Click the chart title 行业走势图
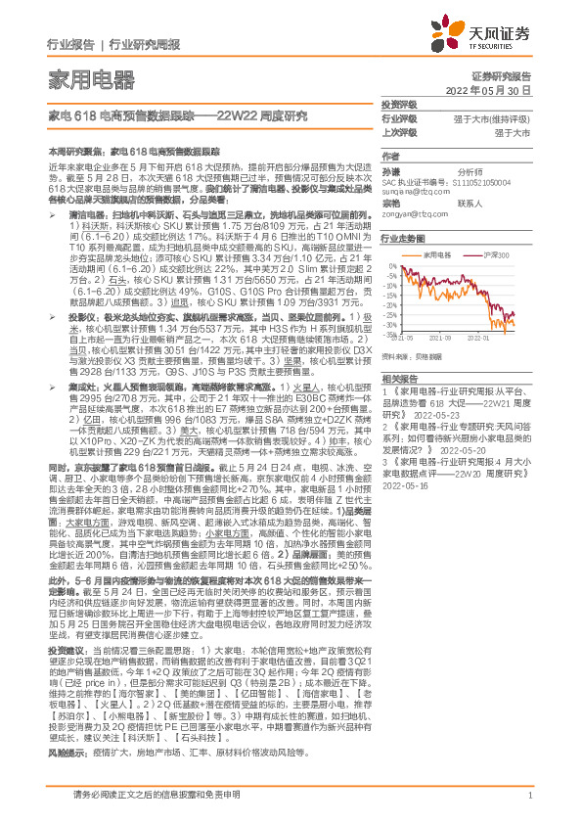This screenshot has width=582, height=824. tap(403, 238)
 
